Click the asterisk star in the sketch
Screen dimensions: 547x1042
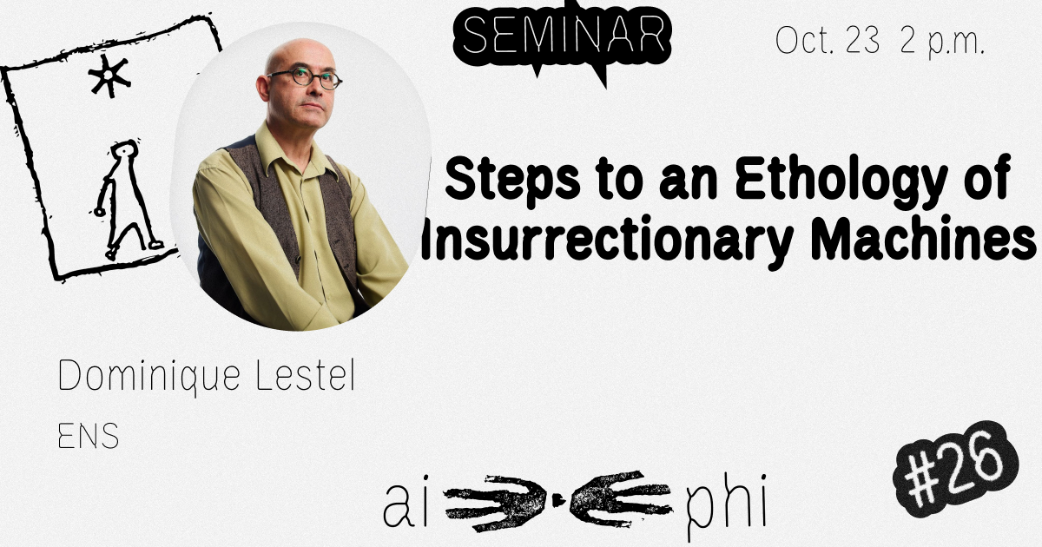109,76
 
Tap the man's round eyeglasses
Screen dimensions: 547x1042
306,79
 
